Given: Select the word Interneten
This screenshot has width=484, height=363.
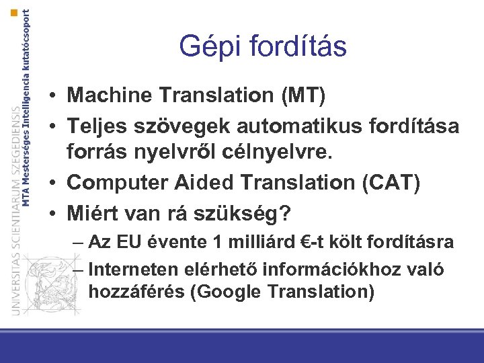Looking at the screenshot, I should click(x=130, y=270).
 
